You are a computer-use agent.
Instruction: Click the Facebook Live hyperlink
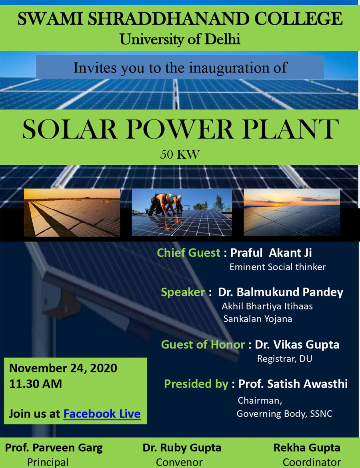[x=102, y=414]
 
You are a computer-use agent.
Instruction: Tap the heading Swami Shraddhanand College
[x=180, y=19]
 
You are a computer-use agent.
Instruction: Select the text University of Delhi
[x=180, y=39]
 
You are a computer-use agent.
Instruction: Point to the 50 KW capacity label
[x=180, y=154]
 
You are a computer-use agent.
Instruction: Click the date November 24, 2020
[x=63, y=368]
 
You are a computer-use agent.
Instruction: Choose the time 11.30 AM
[x=36, y=384]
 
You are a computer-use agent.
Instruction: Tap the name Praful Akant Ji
[x=271, y=252]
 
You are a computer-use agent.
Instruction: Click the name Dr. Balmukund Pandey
[x=280, y=292]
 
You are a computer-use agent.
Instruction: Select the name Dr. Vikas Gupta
[x=297, y=344]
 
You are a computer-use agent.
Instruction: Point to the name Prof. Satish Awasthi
[x=293, y=384]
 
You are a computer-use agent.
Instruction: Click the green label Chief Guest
[x=189, y=252]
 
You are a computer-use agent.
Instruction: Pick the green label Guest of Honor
[x=203, y=344]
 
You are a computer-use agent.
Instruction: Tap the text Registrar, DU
[x=285, y=358]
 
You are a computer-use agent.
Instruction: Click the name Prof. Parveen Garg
[x=54, y=448]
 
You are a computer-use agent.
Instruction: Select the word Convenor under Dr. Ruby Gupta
[x=179, y=462]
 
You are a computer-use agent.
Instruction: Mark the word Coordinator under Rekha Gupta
[x=312, y=462]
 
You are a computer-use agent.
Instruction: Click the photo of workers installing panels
[x=182, y=212]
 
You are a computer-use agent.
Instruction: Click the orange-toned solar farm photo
[x=72, y=212]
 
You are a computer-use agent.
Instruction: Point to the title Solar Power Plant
[x=180, y=129]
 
